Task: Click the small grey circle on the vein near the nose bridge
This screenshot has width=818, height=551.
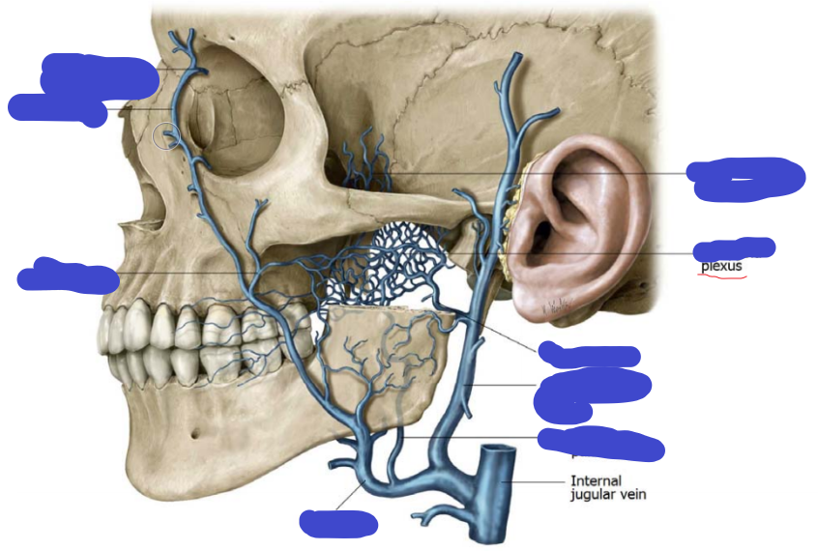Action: pyautogui.click(x=167, y=136)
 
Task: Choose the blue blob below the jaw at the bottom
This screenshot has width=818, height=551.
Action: pyautogui.click(x=337, y=523)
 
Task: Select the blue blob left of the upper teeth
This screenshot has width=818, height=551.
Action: pyautogui.click(x=68, y=275)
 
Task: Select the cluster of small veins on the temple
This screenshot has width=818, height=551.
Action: pyautogui.click(x=365, y=159)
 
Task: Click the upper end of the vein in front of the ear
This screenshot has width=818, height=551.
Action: pyautogui.click(x=511, y=63)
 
